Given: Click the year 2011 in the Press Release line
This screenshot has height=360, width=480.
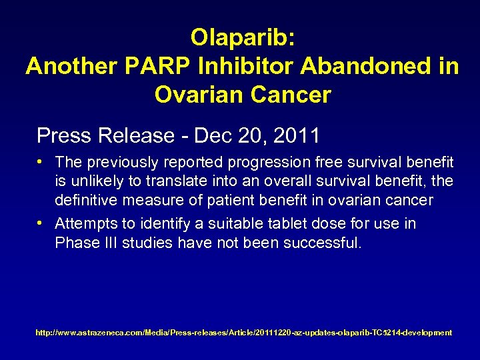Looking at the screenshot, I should tap(296, 135).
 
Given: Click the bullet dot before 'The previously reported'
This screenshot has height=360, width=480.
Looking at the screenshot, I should tap(41, 162).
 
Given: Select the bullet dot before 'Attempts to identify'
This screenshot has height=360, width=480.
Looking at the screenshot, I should tap(41, 223).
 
